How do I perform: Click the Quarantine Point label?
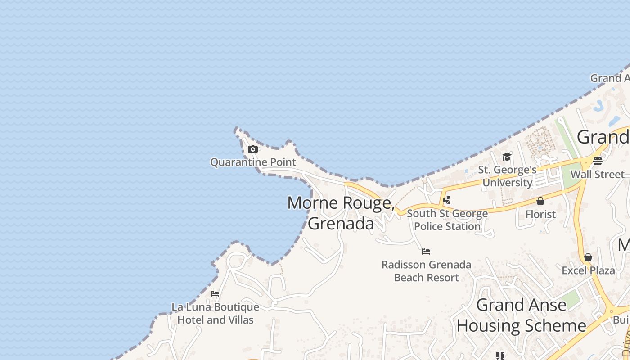253,162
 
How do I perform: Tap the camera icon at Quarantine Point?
253,149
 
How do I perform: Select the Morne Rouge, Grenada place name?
341,213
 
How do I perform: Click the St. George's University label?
507,176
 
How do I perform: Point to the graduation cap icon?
507,157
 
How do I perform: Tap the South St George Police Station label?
447,220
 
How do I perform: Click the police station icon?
447,200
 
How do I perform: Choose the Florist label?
540,214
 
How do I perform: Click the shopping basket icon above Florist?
540,201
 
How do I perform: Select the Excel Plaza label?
588,270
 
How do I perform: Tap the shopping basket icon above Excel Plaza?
588,257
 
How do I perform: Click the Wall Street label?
597,174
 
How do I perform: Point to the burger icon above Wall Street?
598,161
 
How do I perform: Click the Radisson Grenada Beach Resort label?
426,271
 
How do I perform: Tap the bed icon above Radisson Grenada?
426,251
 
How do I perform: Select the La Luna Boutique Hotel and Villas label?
215,313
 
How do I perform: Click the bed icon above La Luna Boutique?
215,294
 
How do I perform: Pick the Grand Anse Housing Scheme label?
521,315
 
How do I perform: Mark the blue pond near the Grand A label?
599,105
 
